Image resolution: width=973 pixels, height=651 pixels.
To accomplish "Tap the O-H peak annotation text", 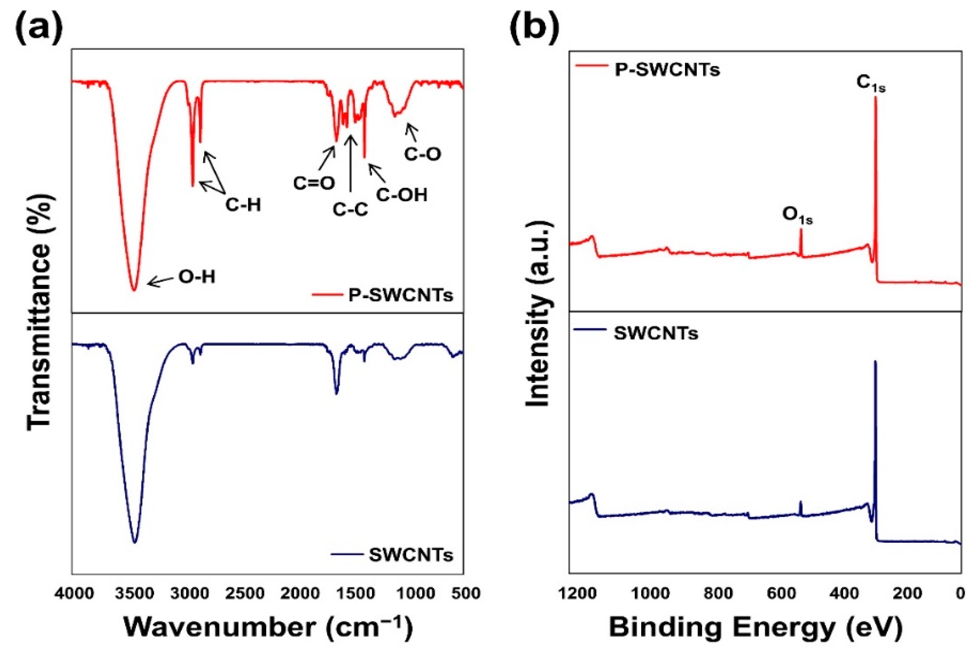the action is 197,277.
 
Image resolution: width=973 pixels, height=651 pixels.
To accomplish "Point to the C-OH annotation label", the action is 401,195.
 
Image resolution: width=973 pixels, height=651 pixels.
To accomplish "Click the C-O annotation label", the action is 422,155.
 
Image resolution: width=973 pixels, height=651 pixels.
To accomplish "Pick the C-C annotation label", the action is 350,210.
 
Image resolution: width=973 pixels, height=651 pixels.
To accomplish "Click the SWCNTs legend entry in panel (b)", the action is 656,333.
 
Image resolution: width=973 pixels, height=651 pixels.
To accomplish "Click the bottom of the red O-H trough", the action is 134,290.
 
